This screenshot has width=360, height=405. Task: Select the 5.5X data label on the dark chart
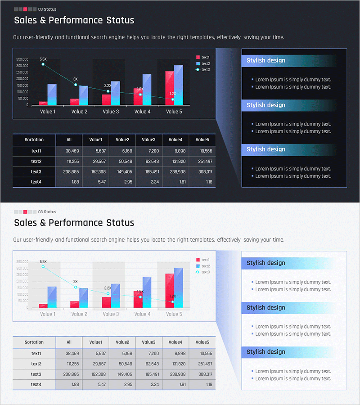(43, 59)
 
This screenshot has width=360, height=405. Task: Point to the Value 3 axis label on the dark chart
(111, 112)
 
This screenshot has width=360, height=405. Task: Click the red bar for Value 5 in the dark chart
(169, 88)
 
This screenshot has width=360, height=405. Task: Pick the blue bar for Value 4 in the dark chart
(147, 90)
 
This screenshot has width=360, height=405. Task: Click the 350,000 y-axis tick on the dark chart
(22, 59)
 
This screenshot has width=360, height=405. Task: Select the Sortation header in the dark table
(34, 140)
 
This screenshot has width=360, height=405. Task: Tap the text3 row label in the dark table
(36, 172)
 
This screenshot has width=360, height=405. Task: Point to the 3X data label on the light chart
(76, 281)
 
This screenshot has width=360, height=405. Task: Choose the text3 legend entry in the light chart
(205, 272)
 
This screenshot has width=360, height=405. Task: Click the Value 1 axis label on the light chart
(48, 314)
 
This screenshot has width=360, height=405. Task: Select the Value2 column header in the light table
(122, 342)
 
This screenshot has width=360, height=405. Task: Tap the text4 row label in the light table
(36, 385)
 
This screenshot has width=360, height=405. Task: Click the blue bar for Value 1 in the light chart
(52, 297)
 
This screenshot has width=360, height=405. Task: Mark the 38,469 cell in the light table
(72, 354)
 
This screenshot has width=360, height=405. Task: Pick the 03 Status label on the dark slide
(47, 9)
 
